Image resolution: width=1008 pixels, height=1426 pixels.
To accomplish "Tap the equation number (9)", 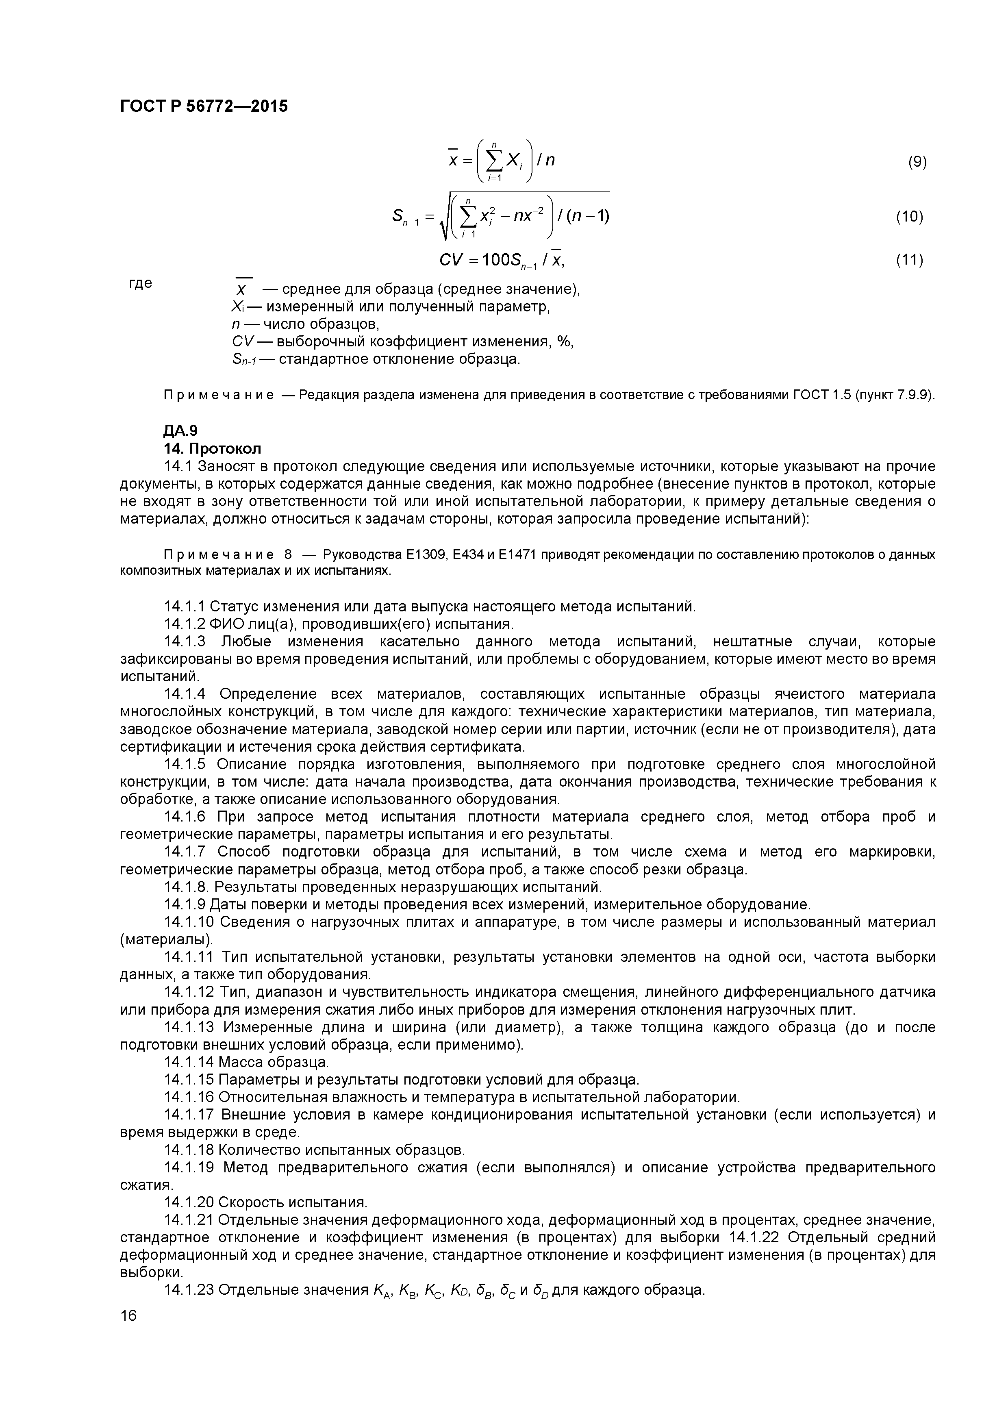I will tap(917, 162).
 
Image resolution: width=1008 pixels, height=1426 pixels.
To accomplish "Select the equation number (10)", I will tap(909, 217).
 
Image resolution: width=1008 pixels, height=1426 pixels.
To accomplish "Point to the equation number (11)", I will tap(909, 260).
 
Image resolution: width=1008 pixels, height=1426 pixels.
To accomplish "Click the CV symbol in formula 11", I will tap(451, 260).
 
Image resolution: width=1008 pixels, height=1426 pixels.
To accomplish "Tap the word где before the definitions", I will tap(140, 283).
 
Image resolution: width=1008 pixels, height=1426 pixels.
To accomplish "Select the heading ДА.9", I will tap(180, 430).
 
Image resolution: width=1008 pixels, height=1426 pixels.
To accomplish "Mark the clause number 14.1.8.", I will tap(187, 887).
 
